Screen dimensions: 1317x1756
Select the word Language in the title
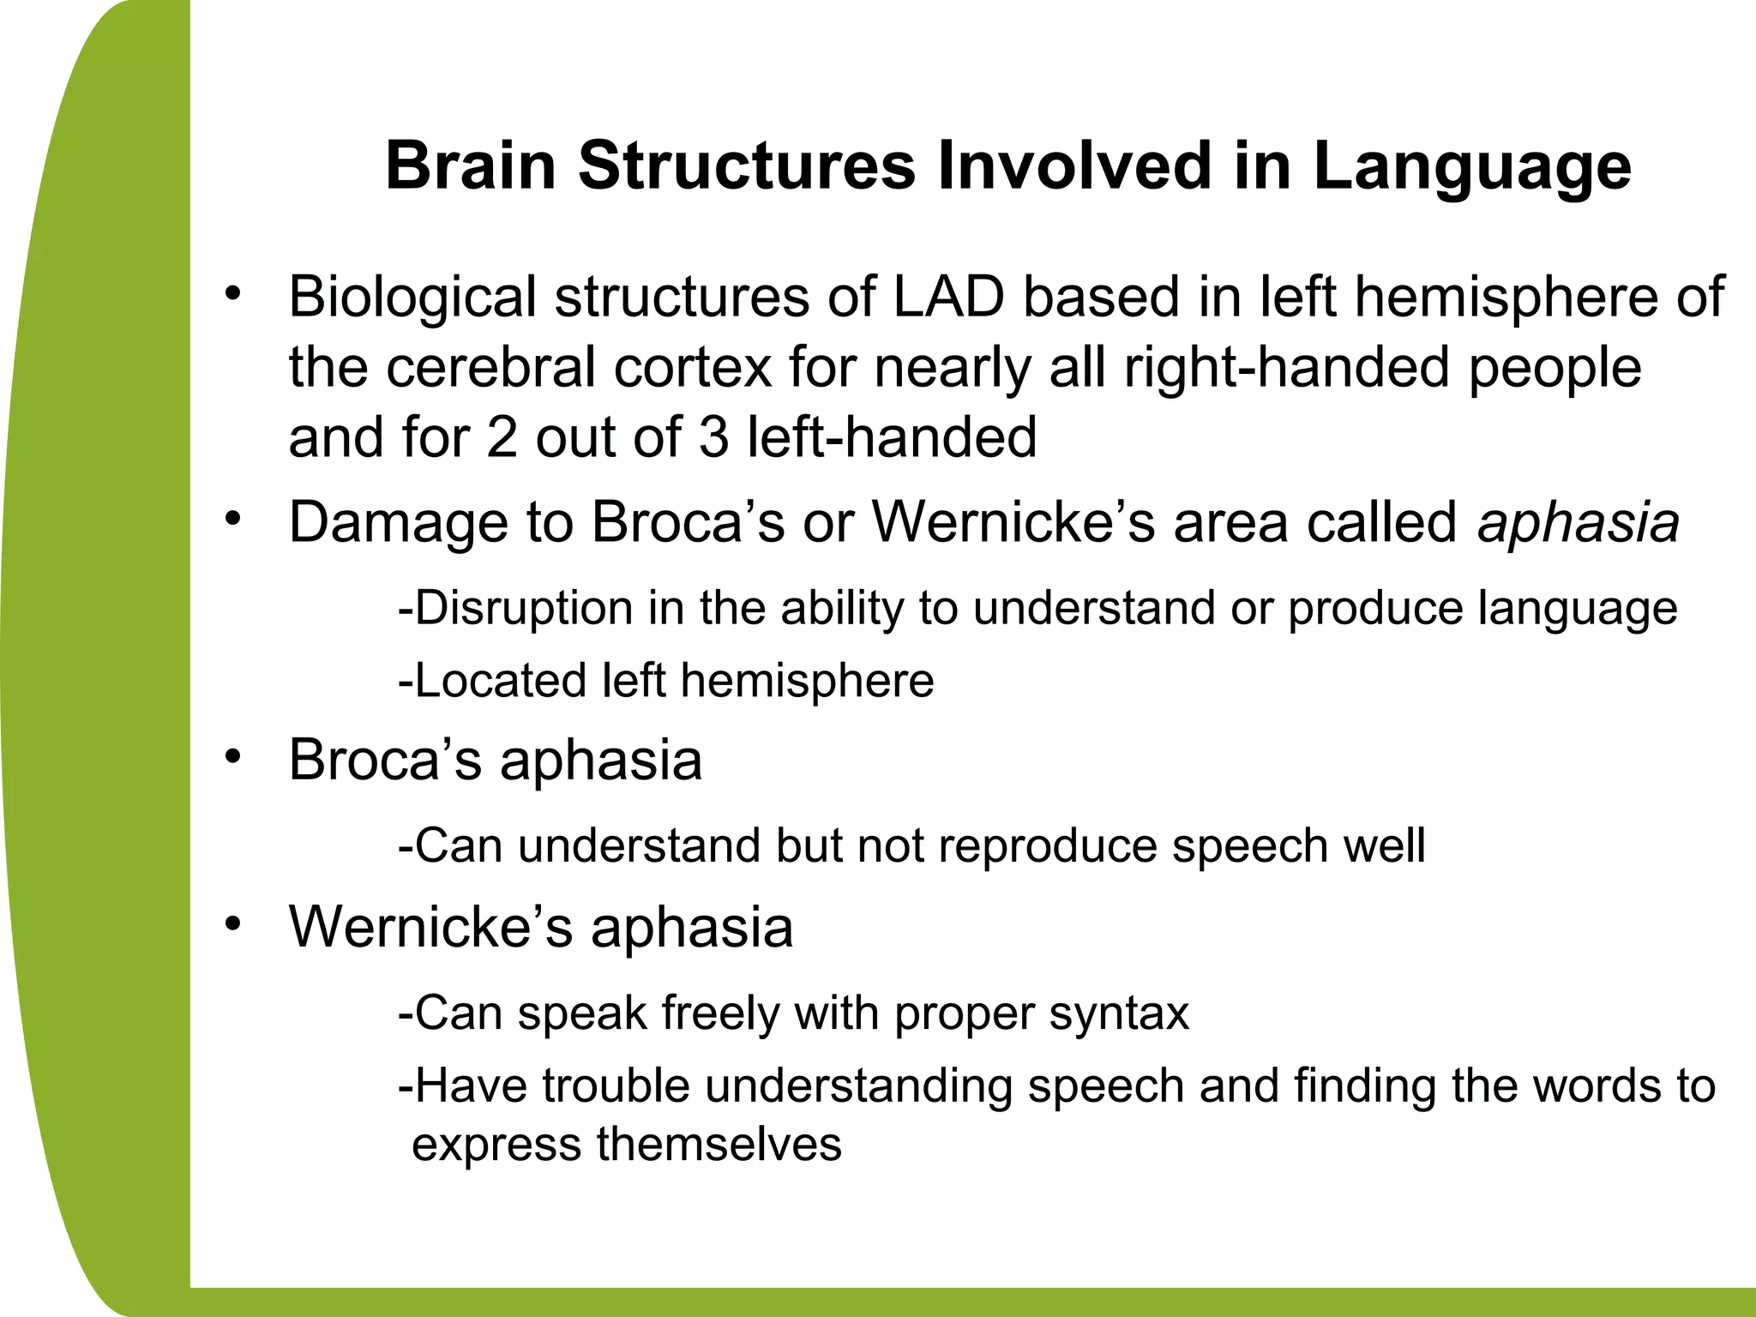pyautogui.click(x=1471, y=168)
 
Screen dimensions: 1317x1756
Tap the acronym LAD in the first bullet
pyautogui.click(x=948, y=297)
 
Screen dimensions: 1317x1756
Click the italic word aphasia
pyautogui.click(x=1578, y=522)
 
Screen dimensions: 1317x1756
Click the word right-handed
pyautogui.click(x=1286, y=369)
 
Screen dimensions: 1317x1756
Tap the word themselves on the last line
pyautogui.click(x=719, y=1144)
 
